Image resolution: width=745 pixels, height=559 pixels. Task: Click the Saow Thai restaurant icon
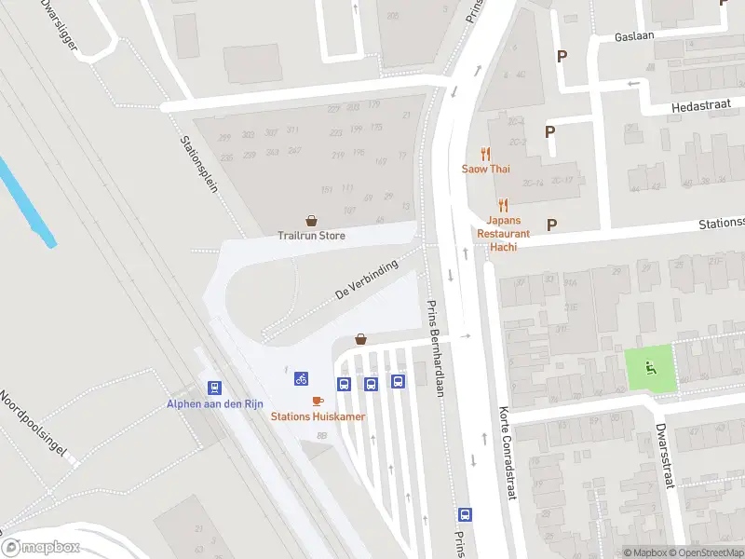[x=485, y=154]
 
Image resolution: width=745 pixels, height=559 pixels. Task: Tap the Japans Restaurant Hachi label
[x=503, y=227]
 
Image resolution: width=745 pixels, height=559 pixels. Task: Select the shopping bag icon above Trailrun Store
[x=311, y=222]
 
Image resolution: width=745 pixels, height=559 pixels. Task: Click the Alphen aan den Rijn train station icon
[x=215, y=388]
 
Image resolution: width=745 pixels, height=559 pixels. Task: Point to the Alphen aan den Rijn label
[x=215, y=403]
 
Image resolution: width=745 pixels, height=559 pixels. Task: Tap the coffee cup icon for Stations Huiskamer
[x=318, y=401]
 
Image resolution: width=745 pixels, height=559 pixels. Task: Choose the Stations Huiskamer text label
[x=318, y=416]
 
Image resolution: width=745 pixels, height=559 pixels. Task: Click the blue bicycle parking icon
[x=301, y=378]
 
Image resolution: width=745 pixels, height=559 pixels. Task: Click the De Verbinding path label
[x=367, y=279]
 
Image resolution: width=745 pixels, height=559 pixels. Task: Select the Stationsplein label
[x=198, y=162]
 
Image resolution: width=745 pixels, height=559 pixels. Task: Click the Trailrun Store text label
[x=311, y=236]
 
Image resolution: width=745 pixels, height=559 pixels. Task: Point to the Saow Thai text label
[x=485, y=169]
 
